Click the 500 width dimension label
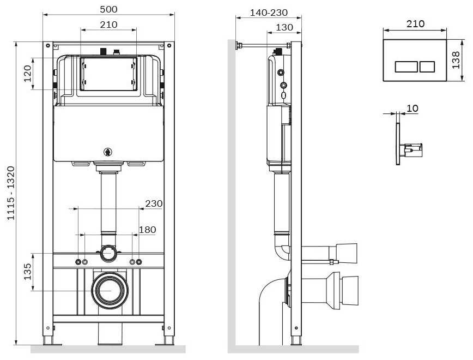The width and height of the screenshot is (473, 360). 108,9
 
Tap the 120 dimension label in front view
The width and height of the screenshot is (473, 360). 27,73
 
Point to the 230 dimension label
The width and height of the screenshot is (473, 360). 154,203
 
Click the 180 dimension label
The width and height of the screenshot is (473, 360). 147,230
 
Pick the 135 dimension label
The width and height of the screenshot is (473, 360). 27,272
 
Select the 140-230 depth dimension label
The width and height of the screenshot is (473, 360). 269,13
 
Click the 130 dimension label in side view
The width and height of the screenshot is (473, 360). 284,27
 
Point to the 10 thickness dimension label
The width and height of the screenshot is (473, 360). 413,109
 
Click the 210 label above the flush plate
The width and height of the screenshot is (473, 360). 415,24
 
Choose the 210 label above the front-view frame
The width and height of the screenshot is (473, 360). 108,25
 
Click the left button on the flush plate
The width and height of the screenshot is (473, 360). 405,67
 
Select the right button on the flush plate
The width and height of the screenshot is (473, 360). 427,67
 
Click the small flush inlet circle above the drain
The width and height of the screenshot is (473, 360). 108,253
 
